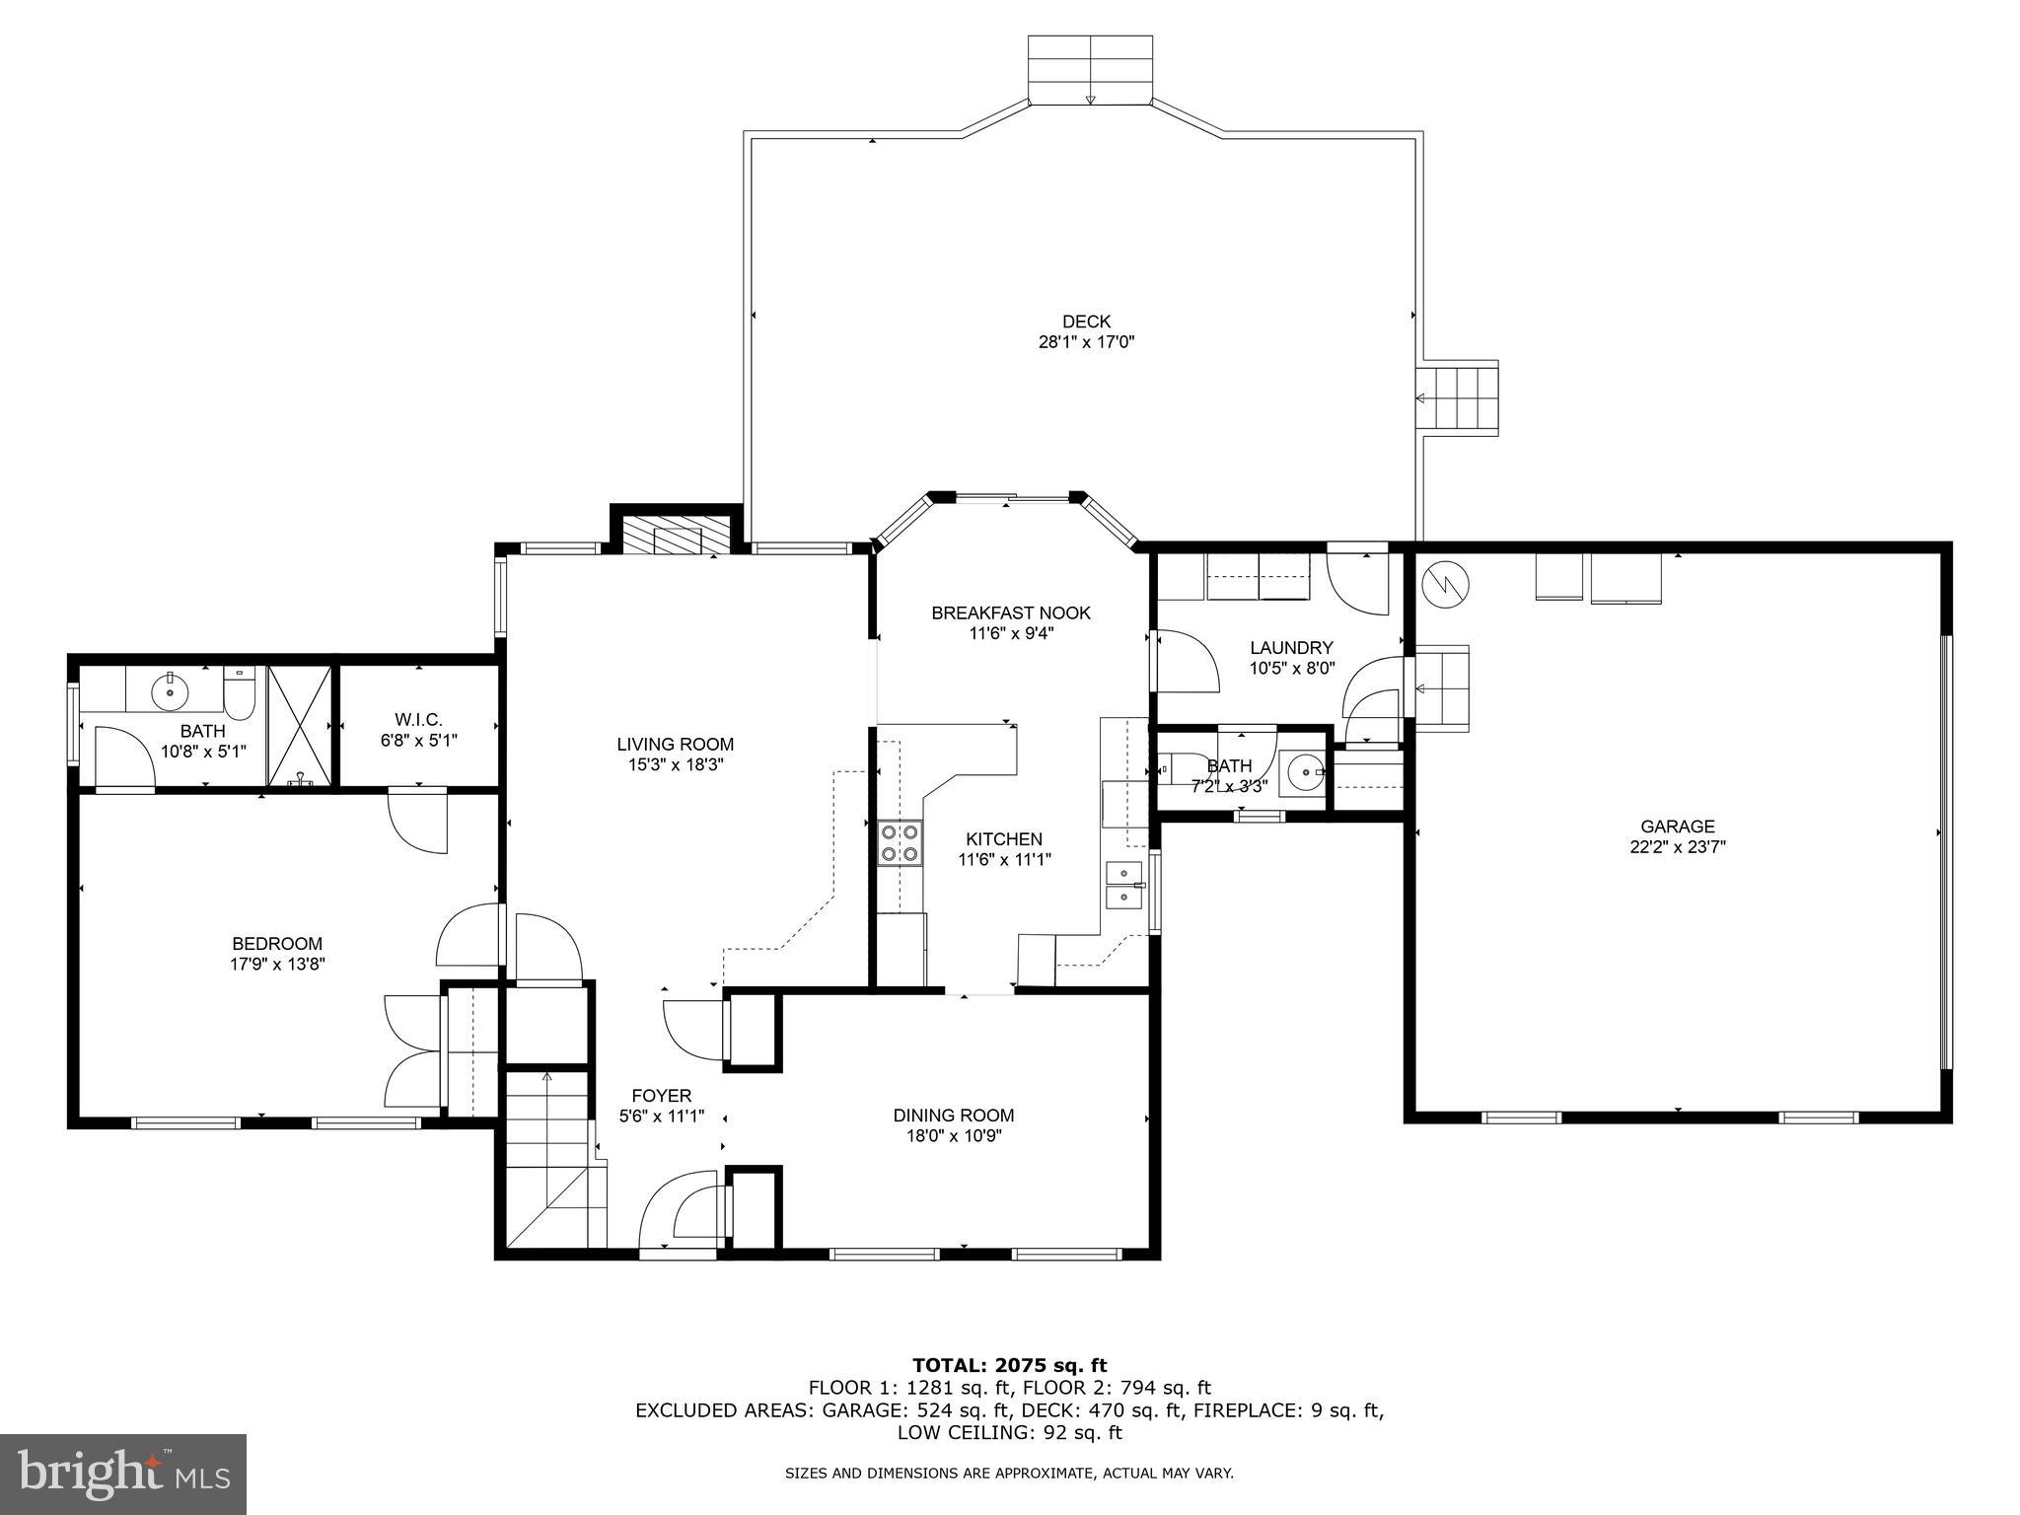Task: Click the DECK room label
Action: tap(1086, 322)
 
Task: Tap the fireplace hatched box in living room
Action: tap(677, 539)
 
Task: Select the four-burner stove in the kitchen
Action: tap(900, 842)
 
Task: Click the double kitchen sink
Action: tap(1124, 885)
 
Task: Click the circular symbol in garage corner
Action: tap(1445, 585)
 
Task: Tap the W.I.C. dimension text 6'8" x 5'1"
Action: tap(419, 739)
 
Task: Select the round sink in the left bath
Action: tap(171, 690)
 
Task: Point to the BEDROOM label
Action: tap(277, 944)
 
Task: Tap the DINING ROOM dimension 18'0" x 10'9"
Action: tap(954, 1136)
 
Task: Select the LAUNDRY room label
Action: tap(1291, 648)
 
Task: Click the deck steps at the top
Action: tap(1090, 69)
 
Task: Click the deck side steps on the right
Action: tap(1459, 397)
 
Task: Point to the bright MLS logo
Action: tap(123, 1474)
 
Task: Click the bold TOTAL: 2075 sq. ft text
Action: tap(1009, 1365)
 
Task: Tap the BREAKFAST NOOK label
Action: tap(1011, 613)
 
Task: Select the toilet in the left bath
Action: tap(240, 693)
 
